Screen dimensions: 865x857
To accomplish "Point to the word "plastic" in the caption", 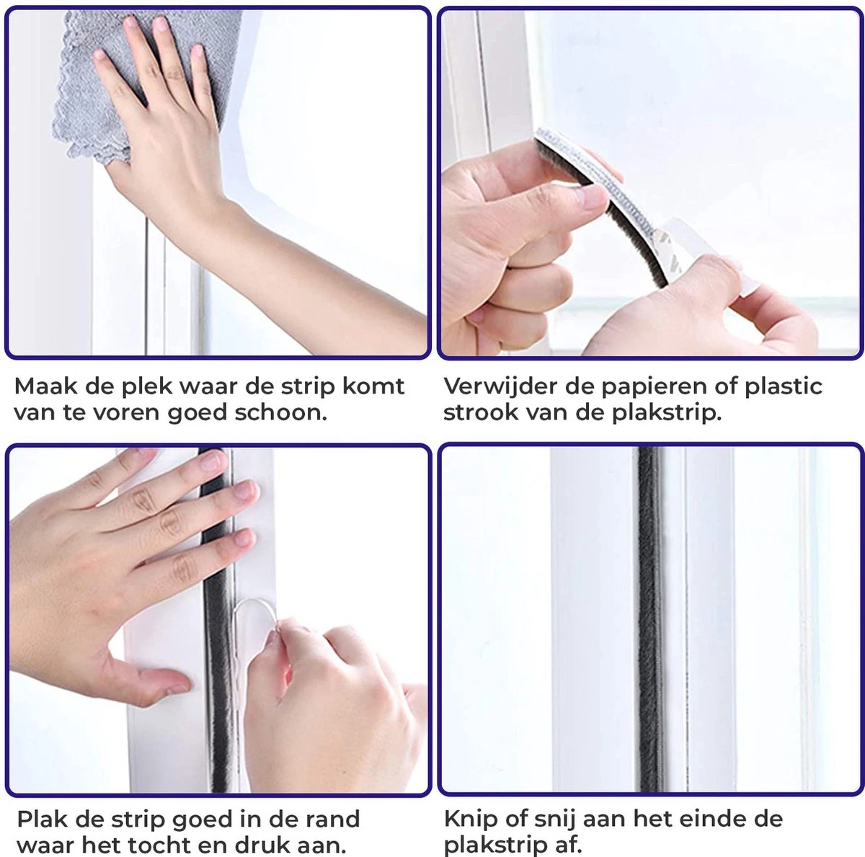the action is pos(784,387).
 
